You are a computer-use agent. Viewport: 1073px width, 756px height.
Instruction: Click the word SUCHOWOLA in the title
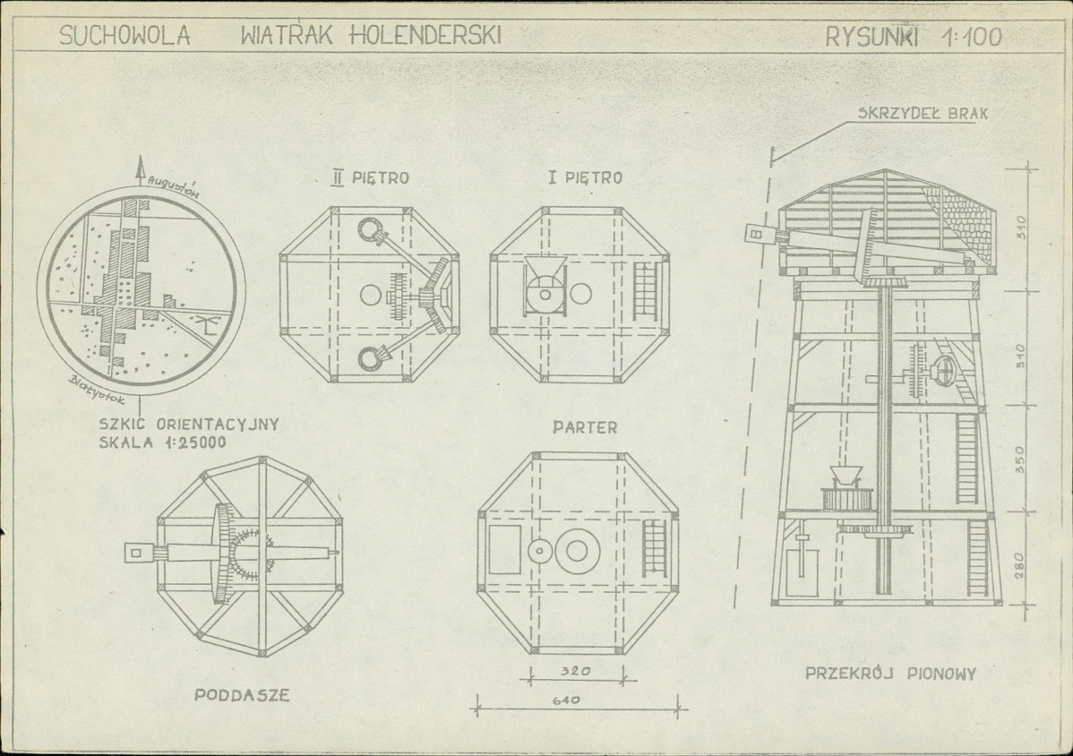click(124, 35)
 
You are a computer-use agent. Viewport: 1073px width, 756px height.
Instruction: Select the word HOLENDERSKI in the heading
click(425, 35)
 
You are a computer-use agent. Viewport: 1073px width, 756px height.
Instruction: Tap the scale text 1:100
click(973, 36)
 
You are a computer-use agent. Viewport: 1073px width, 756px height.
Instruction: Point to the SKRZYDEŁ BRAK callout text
click(923, 114)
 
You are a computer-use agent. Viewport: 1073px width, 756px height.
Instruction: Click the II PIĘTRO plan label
click(370, 178)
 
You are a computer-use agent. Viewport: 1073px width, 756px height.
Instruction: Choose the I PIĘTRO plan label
click(585, 178)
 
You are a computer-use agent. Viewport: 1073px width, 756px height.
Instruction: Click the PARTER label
click(585, 427)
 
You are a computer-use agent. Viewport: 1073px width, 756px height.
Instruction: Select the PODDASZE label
click(242, 695)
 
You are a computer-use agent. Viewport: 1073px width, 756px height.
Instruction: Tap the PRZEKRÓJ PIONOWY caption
click(890, 674)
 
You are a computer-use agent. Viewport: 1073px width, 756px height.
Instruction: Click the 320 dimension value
click(576, 671)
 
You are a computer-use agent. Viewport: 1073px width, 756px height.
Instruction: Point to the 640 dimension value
click(566, 700)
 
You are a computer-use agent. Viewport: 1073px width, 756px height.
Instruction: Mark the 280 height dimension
click(1019, 566)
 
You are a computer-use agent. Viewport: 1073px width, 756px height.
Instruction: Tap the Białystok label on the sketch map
click(98, 390)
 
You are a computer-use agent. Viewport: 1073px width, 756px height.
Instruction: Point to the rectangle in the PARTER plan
click(505, 550)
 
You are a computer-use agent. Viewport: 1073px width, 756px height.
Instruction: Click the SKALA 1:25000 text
click(163, 442)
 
